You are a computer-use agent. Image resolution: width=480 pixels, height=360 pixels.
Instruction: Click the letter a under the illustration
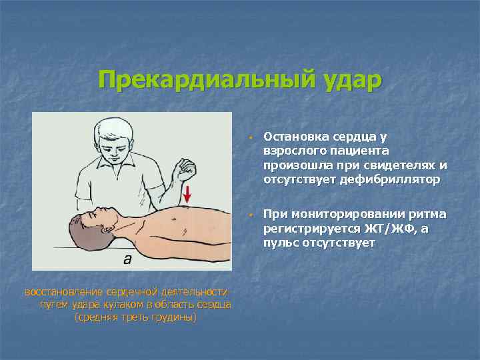click(127, 260)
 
